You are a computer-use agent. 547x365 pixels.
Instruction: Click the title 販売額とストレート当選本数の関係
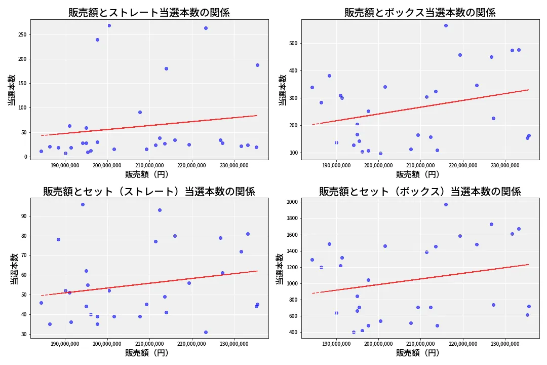(149, 13)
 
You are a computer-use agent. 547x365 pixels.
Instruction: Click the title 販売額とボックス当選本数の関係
(420, 13)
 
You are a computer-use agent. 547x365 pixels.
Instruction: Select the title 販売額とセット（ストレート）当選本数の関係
(149, 192)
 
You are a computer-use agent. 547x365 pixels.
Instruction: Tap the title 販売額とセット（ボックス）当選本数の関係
(420, 192)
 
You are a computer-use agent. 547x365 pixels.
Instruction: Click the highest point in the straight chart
(109, 25)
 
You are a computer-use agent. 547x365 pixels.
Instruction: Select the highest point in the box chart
(446, 25)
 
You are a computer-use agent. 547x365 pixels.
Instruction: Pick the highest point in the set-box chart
(446, 204)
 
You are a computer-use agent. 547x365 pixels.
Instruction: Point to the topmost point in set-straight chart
(83, 204)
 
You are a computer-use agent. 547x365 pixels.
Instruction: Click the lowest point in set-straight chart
(206, 332)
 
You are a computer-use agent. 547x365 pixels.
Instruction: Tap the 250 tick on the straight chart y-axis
(22, 34)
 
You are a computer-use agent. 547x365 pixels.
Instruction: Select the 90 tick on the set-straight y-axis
(24, 216)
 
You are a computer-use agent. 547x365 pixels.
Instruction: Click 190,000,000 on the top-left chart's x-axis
(66, 164)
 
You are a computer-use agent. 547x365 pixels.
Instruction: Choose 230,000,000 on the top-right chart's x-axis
(506, 164)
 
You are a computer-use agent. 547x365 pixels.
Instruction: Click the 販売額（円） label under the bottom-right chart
(418, 353)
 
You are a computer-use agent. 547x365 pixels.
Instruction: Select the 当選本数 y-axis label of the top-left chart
(12, 90)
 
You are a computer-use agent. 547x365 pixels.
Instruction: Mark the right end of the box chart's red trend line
(528, 90)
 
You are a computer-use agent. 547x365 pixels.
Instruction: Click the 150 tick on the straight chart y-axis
(22, 84)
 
